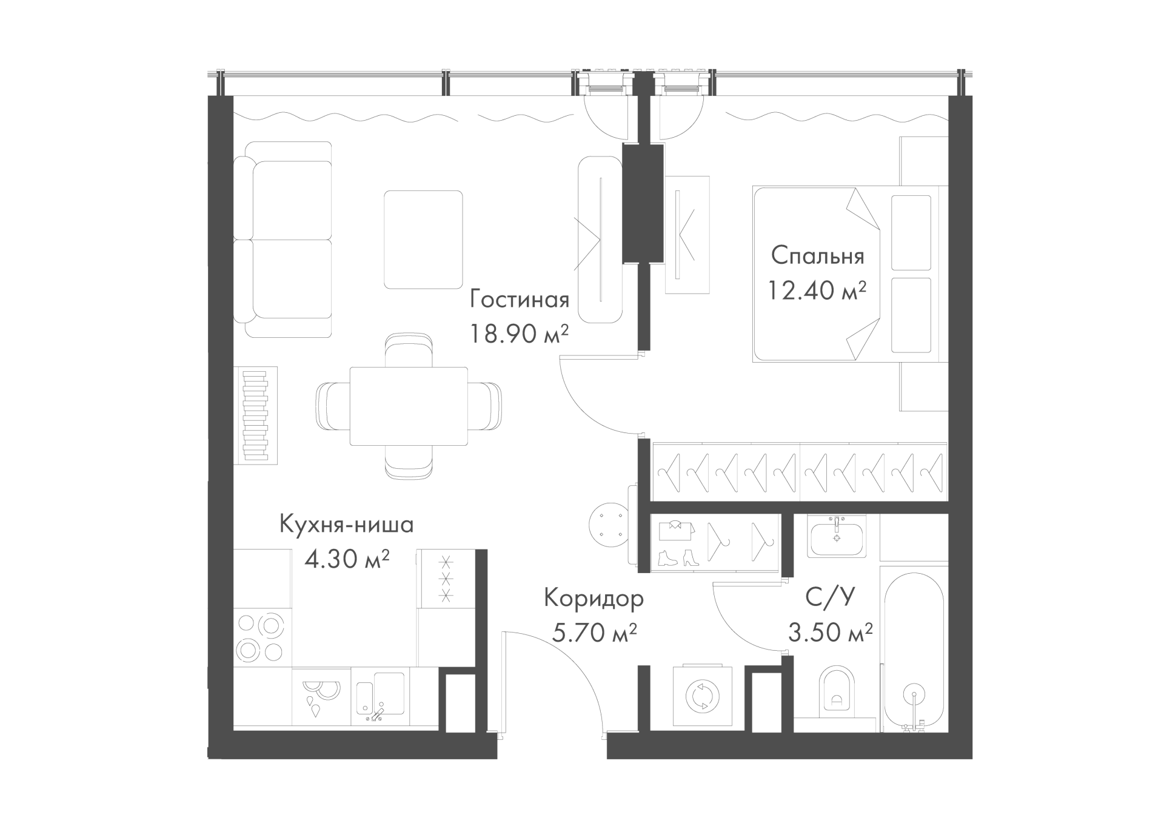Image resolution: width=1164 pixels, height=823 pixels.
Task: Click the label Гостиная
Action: point(520,300)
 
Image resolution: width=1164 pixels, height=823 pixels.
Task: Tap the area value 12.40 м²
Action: point(817,291)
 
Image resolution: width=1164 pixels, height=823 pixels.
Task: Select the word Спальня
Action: point(817,257)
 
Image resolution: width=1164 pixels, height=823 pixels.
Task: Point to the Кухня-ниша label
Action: point(346,525)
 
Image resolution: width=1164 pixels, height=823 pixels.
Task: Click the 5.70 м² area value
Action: point(594,633)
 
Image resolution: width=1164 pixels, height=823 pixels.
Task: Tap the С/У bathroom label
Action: point(830,598)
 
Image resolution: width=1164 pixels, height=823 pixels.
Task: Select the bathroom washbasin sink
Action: point(837,536)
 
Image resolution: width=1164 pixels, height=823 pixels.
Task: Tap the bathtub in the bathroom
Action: point(914,649)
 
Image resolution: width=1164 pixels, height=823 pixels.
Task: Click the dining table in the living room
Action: point(409,406)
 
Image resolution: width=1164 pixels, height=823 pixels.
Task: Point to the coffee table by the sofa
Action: point(423,240)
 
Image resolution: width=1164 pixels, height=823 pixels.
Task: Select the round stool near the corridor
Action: point(608,524)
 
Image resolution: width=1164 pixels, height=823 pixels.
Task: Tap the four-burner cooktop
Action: point(262,637)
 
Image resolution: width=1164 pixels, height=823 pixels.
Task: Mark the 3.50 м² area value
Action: point(830,633)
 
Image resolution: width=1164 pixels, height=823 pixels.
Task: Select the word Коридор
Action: point(594,599)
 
